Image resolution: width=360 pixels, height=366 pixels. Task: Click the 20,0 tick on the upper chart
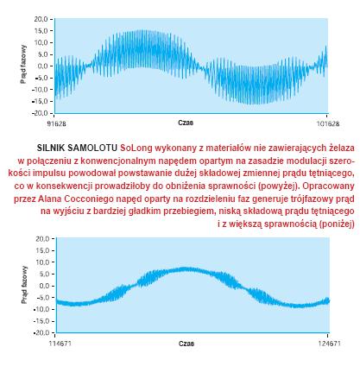[41, 19]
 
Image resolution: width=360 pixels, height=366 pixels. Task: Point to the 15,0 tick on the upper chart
[41, 31]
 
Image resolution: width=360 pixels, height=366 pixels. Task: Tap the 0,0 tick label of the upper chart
[42, 66]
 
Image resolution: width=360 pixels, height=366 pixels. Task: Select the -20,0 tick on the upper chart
[41, 113]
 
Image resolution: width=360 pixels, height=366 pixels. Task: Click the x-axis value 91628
[56, 123]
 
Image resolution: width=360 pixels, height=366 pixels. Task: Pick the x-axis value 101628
[328, 123]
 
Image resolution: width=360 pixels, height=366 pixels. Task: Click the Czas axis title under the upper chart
[186, 123]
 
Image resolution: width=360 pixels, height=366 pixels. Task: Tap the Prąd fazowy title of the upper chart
[23, 64]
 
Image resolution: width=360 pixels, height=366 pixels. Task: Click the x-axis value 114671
[60, 344]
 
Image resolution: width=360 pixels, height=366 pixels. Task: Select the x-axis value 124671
[329, 344]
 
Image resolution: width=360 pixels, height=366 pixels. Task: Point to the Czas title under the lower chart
[186, 344]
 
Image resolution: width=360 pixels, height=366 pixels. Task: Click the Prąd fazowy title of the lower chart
[25, 285]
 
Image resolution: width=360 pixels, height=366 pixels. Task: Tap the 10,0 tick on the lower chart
[42, 262]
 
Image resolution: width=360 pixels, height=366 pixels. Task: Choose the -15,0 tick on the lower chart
[41, 321]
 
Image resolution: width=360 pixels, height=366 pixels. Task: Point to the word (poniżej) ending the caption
[337, 224]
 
